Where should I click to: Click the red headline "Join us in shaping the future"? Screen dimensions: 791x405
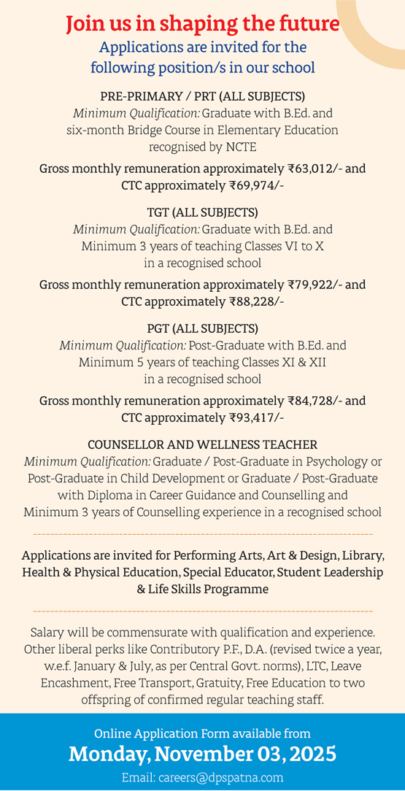[x=202, y=24]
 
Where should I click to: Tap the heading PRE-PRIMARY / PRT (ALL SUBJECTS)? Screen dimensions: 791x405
[x=202, y=96]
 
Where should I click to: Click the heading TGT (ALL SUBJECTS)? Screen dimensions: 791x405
[x=202, y=213]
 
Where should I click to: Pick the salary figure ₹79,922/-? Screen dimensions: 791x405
[x=320, y=285]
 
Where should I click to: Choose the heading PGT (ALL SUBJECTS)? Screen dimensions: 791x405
[x=202, y=328]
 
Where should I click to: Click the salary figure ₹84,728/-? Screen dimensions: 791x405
[x=320, y=401]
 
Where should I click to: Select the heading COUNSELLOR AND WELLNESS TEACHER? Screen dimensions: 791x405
[x=202, y=444]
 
